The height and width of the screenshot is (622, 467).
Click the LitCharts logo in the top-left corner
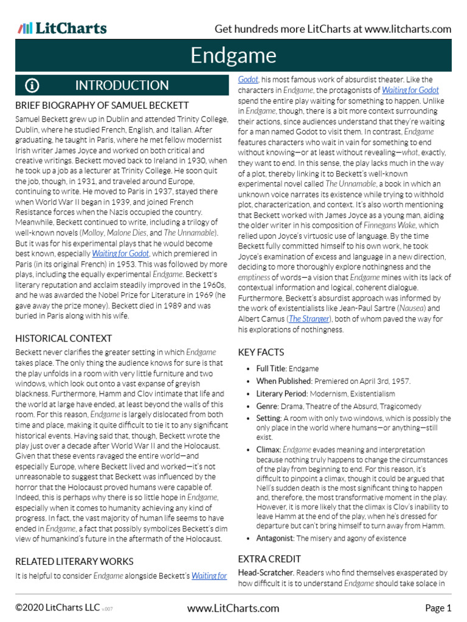(x=63, y=28)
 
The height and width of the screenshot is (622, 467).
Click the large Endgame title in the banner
(x=233, y=55)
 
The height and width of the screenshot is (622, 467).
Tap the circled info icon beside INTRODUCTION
(x=32, y=86)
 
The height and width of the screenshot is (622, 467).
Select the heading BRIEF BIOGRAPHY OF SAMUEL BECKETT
(x=102, y=106)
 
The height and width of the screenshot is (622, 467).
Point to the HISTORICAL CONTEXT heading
(x=63, y=338)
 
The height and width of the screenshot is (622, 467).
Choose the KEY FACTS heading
(x=261, y=352)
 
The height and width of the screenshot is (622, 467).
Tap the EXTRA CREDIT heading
(x=269, y=559)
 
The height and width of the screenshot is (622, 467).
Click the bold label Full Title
(x=271, y=369)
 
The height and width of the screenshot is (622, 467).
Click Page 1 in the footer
(x=438, y=608)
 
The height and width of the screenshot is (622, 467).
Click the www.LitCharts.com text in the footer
(x=233, y=608)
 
